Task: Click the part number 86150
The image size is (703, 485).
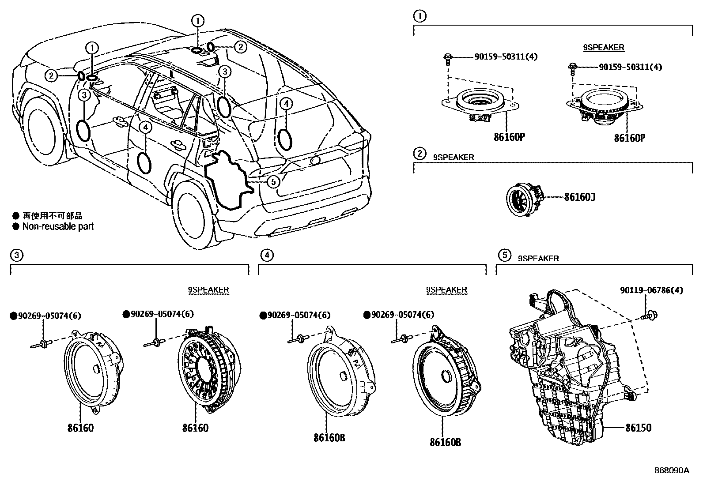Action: [x=638, y=428]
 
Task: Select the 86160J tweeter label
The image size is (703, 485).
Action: [x=579, y=197]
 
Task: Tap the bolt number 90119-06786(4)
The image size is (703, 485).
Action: [x=651, y=290]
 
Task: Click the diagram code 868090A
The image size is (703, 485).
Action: [x=671, y=470]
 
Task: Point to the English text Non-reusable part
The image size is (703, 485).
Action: [x=58, y=226]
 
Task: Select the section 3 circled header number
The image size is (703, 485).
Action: [x=16, y=255]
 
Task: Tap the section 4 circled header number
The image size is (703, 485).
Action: [x=266, y=255]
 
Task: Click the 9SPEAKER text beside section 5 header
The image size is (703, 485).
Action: [x=538, y=259]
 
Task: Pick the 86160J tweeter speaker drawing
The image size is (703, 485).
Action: [x=523, y=200]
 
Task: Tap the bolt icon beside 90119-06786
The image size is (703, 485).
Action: [x=651, y=315]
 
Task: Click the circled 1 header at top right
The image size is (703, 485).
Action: [x=420, y=16]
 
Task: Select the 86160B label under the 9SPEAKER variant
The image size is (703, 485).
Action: [x=445, y=442]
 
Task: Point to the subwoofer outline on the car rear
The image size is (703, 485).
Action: [x=227, y=179]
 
